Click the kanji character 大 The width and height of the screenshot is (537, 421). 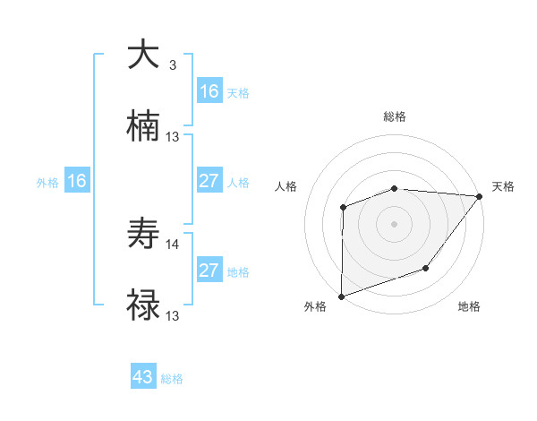pyautogui.click(x=143, y=55)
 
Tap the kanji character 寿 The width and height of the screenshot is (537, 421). pyautogui.click(x=143, y=235)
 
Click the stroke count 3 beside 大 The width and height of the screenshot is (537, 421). pyautogui.click(x=172, y=64)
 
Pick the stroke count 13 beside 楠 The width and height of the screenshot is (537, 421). pyautogui.click(x=173, y=137)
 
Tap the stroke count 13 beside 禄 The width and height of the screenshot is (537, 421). pyautogui.click(x=173, y=316)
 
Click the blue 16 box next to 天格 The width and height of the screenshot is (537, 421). pyautogui.click(x=209, y=91)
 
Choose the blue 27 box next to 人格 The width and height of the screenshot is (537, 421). pyautogui.click(x=209, y=181)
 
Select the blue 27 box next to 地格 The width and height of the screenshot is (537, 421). pyautogui.click(x=209, y=271)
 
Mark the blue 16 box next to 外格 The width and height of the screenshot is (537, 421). pyautogui.click(x=77, y=181)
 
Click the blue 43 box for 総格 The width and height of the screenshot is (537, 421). pyautogui.click(x=143, y=377)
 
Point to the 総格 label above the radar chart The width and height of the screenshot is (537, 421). pyautogui.click(x=395, y=116)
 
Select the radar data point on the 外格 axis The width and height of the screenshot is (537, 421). pyautogui.click(x=342, y=296)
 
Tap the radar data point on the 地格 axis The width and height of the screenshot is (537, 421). pyautogui.click(x=426, y=268)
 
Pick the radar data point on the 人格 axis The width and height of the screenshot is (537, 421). pyautogui.click(x=343, y=208)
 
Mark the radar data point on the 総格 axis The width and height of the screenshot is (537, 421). pyautogui.click(x=395, y=189)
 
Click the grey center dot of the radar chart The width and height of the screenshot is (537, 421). pyautogui.click(x=395, y=224)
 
